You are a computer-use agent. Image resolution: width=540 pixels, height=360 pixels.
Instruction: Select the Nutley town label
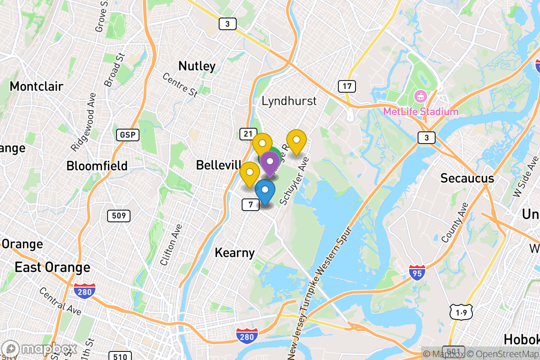197,66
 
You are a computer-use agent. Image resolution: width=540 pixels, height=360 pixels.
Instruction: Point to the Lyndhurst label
289,101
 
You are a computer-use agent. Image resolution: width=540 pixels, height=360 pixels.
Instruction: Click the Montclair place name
36,86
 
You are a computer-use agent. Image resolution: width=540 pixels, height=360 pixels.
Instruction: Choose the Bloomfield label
97,166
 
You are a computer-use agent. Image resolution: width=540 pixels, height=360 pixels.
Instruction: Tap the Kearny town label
234,252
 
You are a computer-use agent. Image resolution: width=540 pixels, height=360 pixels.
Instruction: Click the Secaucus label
467,178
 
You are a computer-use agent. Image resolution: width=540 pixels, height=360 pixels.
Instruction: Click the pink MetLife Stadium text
421,112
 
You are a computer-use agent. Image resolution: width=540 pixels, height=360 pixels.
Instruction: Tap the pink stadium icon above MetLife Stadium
421,95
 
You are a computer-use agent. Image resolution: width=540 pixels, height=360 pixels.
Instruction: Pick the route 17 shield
346,86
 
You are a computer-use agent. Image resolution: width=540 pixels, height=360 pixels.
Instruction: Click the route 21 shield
247,133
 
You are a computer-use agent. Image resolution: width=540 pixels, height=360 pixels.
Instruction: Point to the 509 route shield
119,216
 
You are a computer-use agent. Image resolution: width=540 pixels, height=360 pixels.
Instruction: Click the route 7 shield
251,205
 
